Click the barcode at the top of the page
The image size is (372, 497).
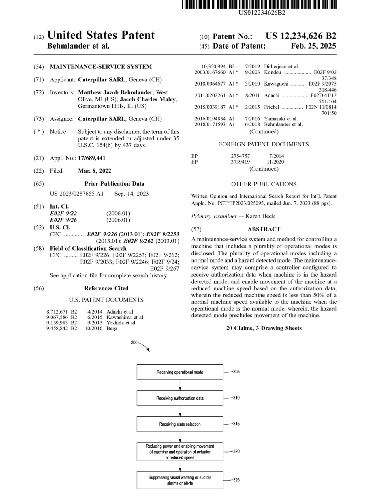point(259,4)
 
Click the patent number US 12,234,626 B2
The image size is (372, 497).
point(300,36)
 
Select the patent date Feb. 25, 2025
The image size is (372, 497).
point(313,46)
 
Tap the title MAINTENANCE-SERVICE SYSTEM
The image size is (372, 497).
point(101,67)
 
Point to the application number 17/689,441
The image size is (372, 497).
point(91,158)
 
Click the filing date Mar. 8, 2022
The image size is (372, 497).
point(94,171)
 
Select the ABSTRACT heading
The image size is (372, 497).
point(264,229)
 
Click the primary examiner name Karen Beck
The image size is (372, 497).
point(260,216)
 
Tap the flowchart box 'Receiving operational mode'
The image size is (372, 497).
point(180,372)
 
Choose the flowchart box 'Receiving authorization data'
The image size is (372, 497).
point(180,398)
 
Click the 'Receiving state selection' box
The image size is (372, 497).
point(180,424)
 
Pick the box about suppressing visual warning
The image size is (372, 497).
point(180,480)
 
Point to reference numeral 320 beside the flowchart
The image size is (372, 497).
point(236,451)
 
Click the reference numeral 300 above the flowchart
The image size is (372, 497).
point(134,342)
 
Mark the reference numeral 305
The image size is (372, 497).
point(236,372)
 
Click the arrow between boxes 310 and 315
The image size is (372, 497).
point(180,411)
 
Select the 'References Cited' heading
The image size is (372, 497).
point(106,288)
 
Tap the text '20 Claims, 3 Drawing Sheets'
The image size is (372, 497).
point(264,328)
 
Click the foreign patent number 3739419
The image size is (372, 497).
point(240,162)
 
